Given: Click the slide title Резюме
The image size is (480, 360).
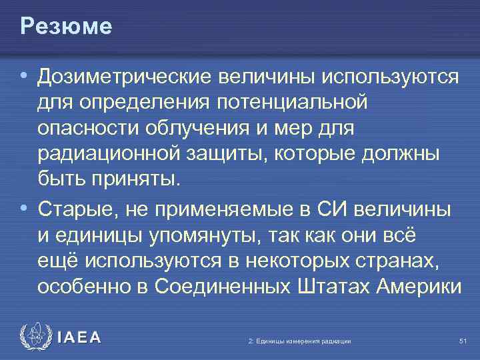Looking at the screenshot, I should [x=66, y=27].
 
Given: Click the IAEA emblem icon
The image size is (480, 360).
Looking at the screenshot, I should [x=34, y=337].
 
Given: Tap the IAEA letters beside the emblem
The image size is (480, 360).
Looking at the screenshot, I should [x=79, y=338].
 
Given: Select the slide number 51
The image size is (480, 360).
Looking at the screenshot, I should [x=462, y=341].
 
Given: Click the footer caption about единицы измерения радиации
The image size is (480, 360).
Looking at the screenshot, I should [x=299, y=341].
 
